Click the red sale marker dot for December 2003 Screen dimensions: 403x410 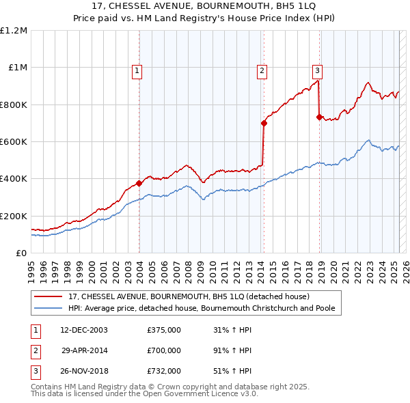tap(139, 183)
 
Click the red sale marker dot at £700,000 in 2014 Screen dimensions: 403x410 tap(264, 123)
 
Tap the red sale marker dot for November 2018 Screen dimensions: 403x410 tap(319, 117)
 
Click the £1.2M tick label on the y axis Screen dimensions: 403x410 tap(14, 31)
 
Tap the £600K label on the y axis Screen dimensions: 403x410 tap(14, 142)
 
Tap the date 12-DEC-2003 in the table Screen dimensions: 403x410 tap(83, 330)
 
